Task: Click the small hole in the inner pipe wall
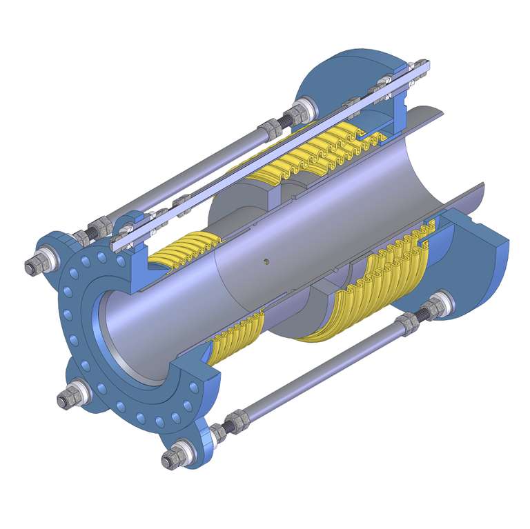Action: [x=267, y=261]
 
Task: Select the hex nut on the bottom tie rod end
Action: [x=171, y=459]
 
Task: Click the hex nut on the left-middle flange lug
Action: [x=68, y=399]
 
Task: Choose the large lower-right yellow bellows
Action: [x=373, y=290]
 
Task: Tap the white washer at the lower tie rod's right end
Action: [x=439, y=304]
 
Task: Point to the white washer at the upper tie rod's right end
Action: [x=304, y=111]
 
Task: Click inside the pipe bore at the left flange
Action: [x=131, y=338]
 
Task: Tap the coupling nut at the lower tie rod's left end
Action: [x=235, y=420]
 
